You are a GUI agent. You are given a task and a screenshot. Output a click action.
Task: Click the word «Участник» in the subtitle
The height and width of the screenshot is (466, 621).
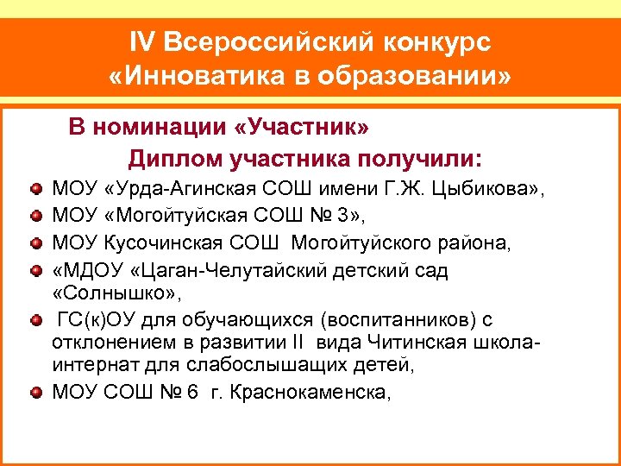(301, 128)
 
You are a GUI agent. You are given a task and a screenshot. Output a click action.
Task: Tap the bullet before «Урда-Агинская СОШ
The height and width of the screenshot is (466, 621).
(35, 186)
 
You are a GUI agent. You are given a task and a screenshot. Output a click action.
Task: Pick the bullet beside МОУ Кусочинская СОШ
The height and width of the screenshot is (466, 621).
(35, 244)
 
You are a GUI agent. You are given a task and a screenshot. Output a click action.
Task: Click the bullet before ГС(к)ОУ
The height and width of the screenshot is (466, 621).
(35, 322)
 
